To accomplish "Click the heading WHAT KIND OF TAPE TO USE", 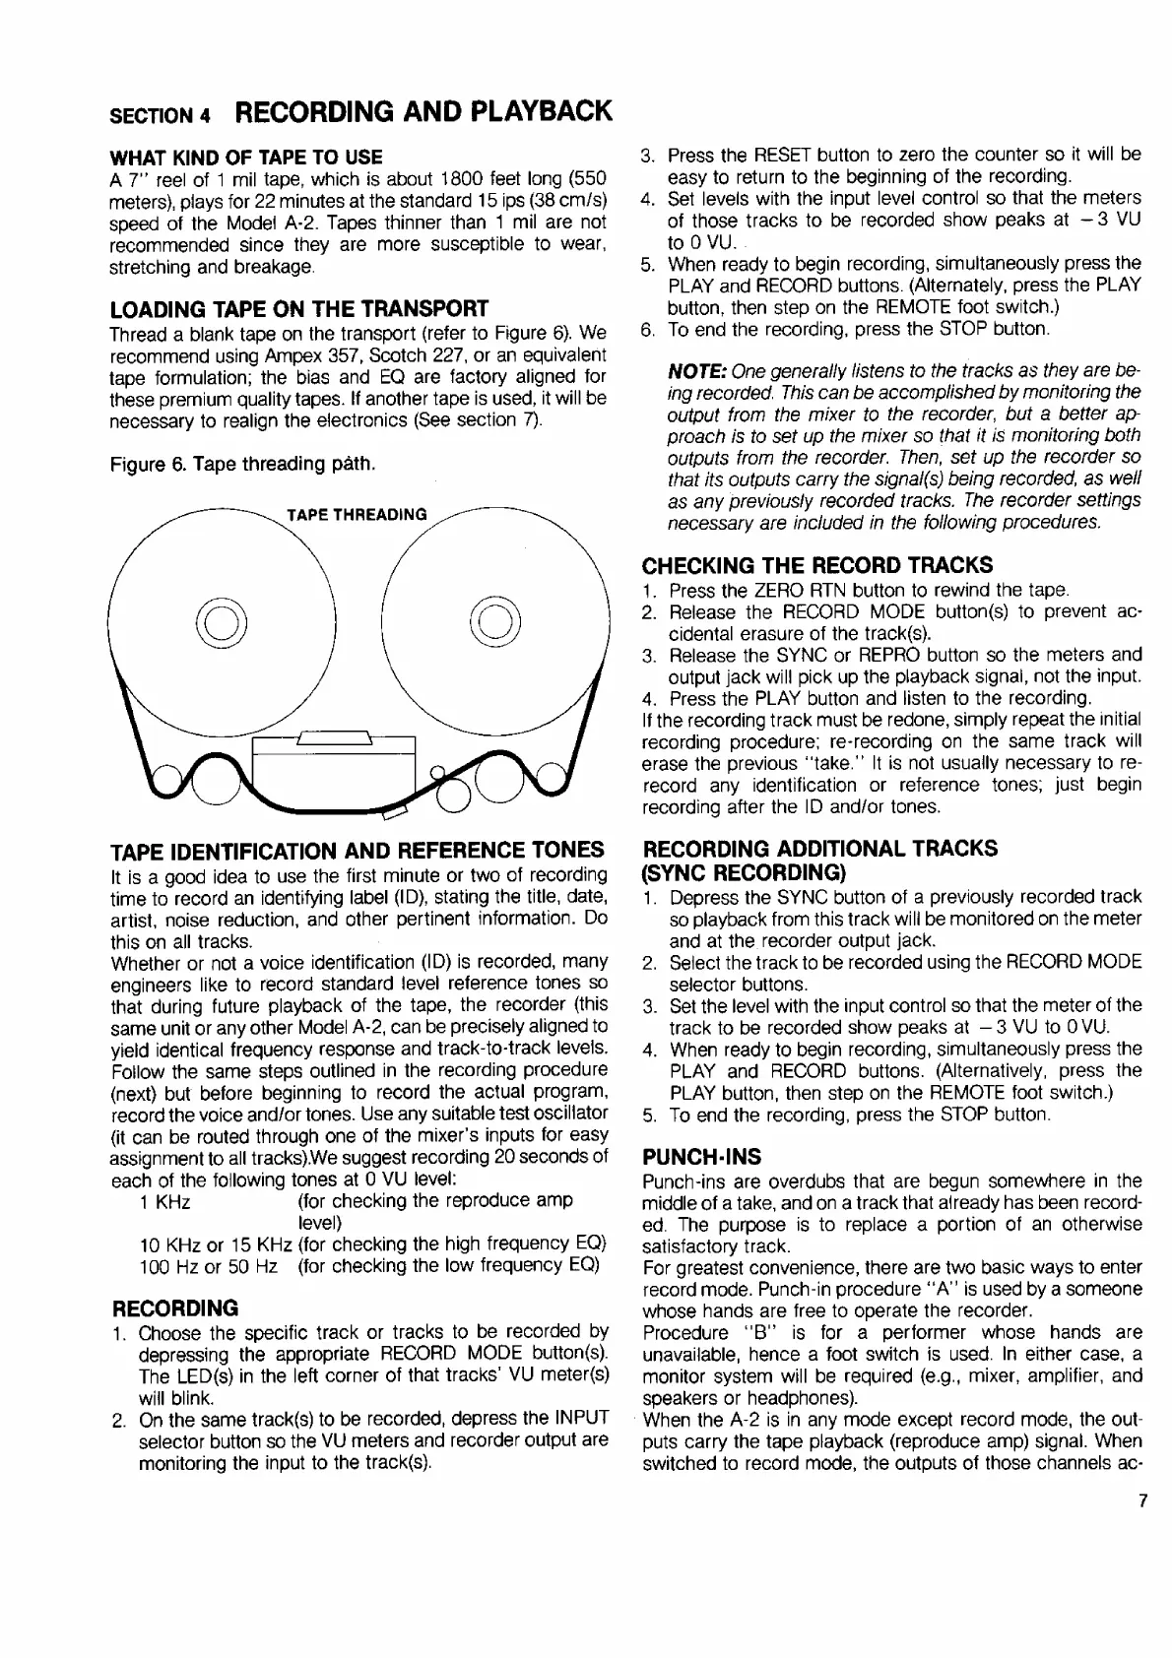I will coord(245,158).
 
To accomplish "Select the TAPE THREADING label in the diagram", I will coord(357,514).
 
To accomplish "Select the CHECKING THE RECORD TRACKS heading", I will coord(816,564).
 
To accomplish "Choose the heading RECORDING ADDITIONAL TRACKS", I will coord(819,848).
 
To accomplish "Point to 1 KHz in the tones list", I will coord(165,1201).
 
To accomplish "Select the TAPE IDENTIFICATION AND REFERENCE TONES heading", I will coord(357,850).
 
